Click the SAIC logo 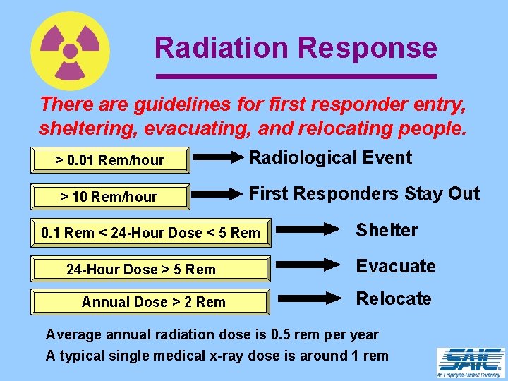[x=471, y=363]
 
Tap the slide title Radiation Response [x=296, y=48]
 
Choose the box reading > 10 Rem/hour [x=110, y=197]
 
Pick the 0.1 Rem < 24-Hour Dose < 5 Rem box [x=150, y=233]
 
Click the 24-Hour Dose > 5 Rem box [x=150, y=269]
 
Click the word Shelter [x=387, y=230]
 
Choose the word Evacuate [x=396, y=266]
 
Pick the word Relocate [x=394, y=298]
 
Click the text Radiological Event [x=331, y=157]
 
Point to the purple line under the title [x=296, y=75]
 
